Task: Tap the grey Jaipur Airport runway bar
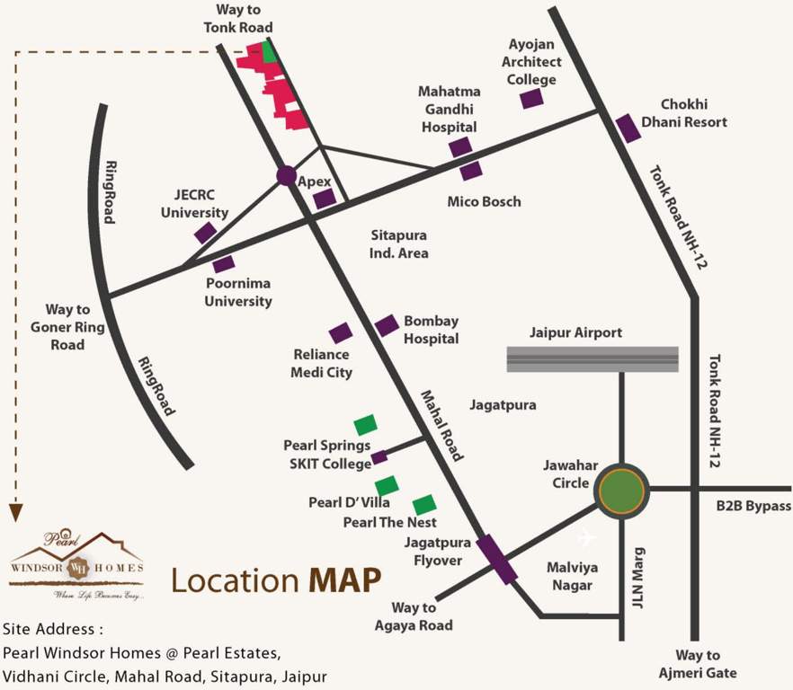click(593, 358)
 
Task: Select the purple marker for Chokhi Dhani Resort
click(628, 128)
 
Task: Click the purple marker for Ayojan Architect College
click(532, 99)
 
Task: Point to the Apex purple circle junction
click(286, 176)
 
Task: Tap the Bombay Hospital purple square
click(387, 325)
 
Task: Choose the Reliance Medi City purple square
click(340, 332)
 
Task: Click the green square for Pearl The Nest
click(424, 505)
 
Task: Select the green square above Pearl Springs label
click(365, 424)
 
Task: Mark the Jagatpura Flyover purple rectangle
click(496, 559)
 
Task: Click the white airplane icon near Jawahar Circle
click(586, 537)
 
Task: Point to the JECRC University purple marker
click(205, 233)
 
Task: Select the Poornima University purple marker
click(223, 264)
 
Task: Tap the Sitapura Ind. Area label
click(400, 243)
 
